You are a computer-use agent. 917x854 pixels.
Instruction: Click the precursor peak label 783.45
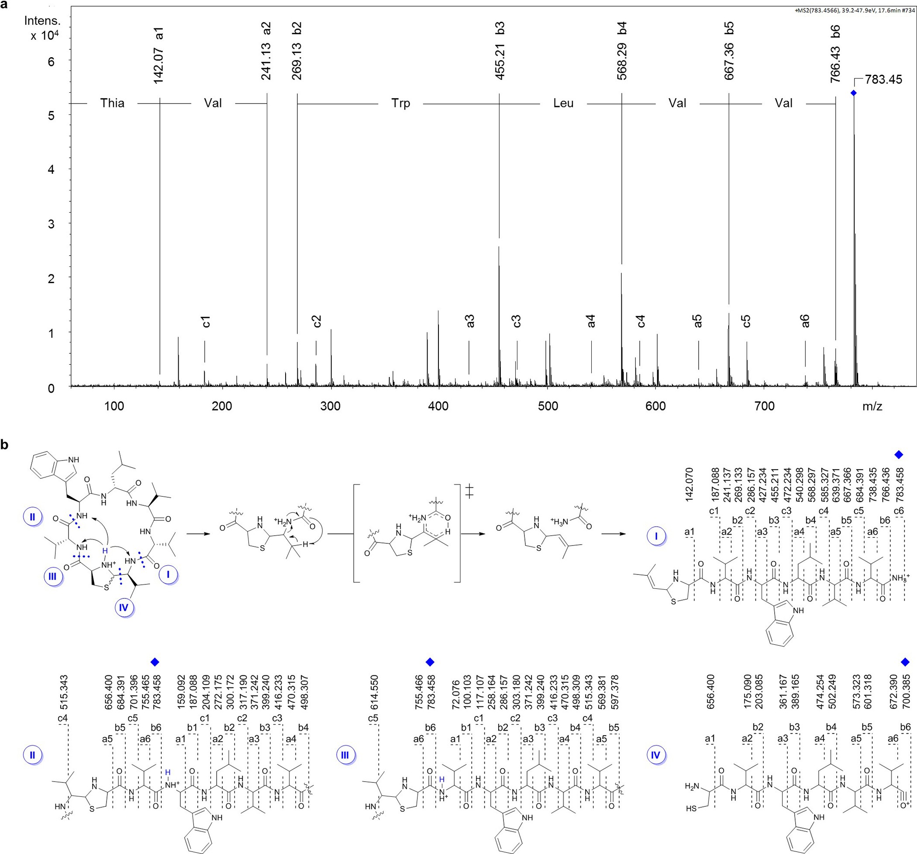(883, 80)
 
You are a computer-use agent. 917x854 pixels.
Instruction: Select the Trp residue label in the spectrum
(400, 103)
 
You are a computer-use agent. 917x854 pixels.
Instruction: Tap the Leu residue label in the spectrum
(563, 103)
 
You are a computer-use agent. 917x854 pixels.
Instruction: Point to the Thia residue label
(112, 103)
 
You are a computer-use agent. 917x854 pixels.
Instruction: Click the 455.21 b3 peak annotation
(500, 51)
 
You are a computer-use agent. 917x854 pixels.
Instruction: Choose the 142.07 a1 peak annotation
(159, 55)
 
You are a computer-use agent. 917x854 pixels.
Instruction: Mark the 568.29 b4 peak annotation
(622, 51)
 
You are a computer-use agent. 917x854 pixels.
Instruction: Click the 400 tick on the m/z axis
(438, 406)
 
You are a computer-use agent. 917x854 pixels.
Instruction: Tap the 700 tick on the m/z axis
(764, 406)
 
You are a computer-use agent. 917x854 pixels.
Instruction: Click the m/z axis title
(872, 406)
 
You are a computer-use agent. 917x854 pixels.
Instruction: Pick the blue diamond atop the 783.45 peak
(853, 93)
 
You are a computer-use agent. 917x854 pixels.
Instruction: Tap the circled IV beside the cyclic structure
(123, 608)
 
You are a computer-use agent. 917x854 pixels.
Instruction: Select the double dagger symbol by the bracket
(469, 492)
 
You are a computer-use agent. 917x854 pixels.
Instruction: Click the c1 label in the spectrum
(206, 322)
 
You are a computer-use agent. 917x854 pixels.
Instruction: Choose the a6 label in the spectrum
(805, 321)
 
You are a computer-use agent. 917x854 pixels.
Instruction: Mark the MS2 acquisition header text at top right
(853, 10)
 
